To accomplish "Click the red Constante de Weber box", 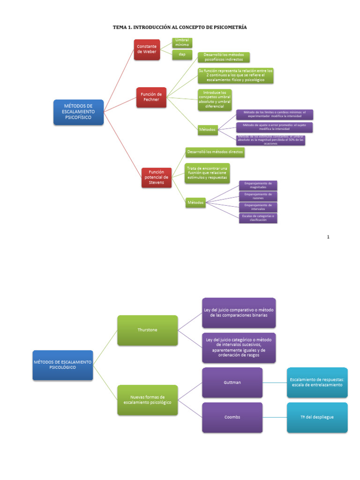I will [147, 49].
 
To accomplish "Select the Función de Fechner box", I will [151, 97].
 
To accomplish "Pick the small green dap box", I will [182, 55].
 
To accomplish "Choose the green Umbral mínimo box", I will [182, 43].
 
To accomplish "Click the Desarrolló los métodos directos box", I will [215, 152].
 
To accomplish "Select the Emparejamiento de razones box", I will [258, 196].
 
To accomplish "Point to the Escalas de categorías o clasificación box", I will [258, 217].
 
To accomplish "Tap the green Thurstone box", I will [148, 330].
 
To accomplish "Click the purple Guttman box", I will [232, 382].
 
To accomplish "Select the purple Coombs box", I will [232, 417].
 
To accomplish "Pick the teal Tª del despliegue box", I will [317, 417].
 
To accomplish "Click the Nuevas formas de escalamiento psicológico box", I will [148, 399].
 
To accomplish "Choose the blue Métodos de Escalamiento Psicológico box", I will [63, 365].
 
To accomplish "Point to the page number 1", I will [328, 237].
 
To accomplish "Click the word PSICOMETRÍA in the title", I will [227, 28].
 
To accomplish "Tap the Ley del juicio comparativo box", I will [239, 313].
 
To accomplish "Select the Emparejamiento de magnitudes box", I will [258, 185].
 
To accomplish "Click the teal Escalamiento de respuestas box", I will [317, 382].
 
